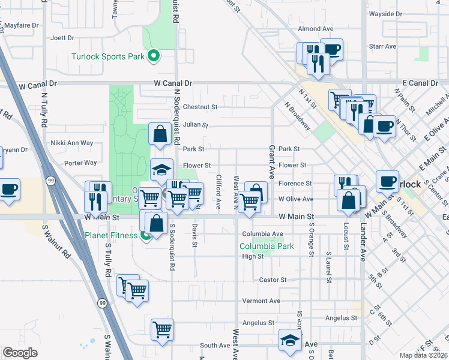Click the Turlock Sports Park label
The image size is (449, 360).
tap(108, 57)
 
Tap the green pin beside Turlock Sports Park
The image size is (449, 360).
tap(154, 57)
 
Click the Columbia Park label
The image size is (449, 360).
tap(267, 246)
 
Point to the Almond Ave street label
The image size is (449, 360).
tap(315, 29)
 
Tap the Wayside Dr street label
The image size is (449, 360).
tap(385, 13)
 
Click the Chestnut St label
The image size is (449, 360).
tap(200, 107)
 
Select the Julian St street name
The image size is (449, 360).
tap(196, 125)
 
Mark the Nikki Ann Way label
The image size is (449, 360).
tap(72, 143)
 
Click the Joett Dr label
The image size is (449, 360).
tap(62, 38)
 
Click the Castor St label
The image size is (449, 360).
tap(273, 280)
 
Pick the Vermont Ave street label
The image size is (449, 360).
tap(261, 301)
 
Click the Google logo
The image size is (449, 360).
tap(20, 353)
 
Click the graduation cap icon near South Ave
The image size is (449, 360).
tap(290, 340)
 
